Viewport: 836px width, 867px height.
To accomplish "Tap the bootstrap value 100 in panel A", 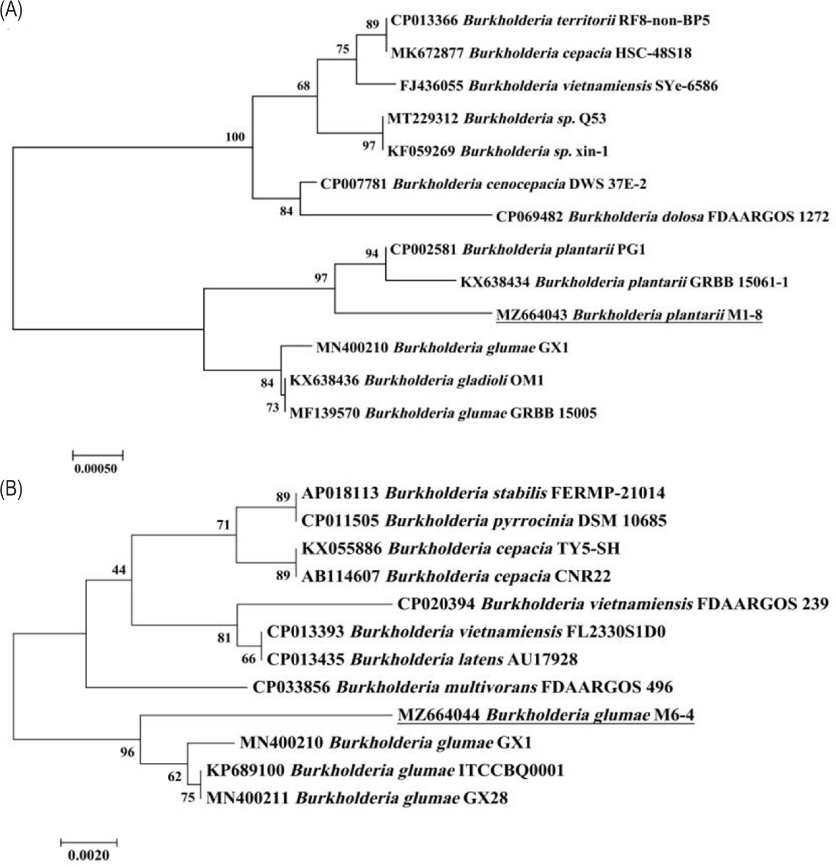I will click(235, 137).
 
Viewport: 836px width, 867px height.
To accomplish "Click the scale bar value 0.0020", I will click(89, 855).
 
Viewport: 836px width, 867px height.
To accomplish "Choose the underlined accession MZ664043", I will click(531, 315).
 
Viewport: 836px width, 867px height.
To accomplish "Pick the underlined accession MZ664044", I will click(439, 715).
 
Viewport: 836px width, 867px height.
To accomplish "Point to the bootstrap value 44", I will click(119, 570).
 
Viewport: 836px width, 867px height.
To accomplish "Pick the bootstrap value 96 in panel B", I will click(127, 752).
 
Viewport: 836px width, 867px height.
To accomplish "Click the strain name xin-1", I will click(592, 151).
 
